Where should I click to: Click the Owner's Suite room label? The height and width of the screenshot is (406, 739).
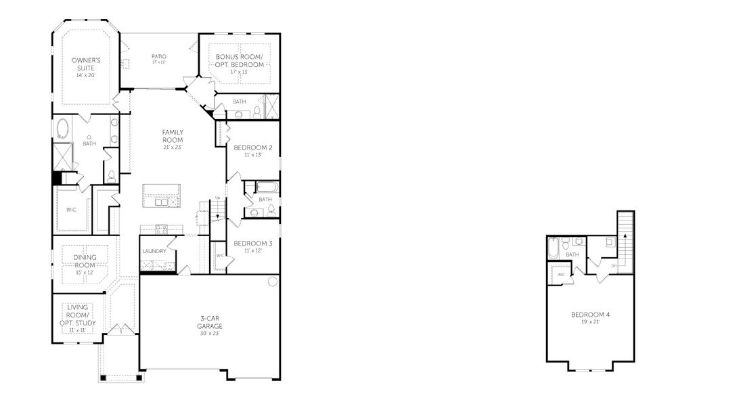86,64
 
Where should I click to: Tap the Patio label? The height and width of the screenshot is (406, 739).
159,56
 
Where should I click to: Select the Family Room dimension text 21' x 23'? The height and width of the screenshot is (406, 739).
173,147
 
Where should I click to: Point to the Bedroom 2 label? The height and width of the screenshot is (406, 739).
252,148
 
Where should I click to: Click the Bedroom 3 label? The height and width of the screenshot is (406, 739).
252,243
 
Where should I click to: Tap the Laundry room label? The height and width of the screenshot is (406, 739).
154,251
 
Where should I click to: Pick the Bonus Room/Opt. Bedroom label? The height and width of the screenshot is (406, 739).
240,61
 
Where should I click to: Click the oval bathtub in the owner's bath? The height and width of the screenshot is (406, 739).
63,127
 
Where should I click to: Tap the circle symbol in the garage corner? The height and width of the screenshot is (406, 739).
272,281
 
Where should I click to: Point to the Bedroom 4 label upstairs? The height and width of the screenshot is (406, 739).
586,315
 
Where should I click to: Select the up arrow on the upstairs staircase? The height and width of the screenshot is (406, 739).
625,235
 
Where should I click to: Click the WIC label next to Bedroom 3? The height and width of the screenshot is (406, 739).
219,255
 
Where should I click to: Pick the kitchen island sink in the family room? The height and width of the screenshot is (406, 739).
161,201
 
